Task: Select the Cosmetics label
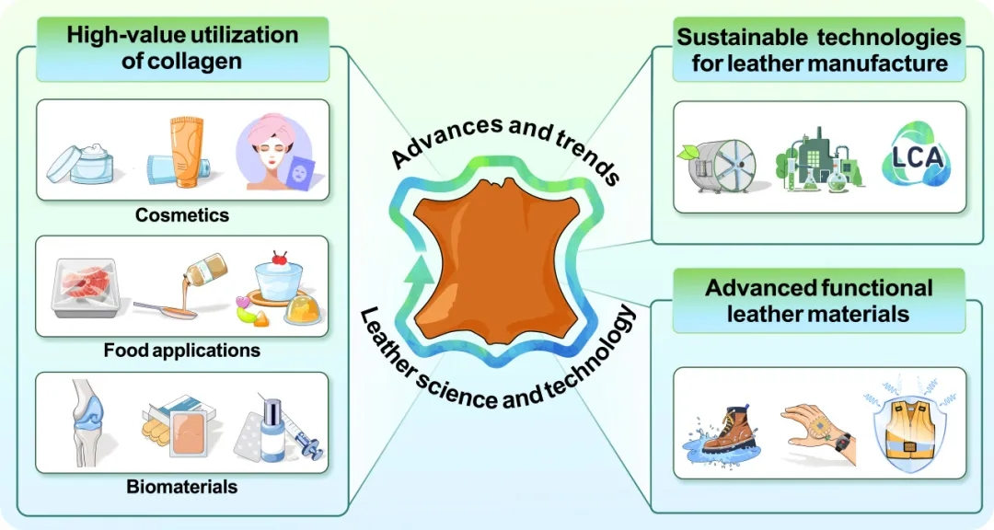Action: [182, 215]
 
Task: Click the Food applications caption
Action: [182, 351]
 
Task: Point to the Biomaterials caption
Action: [182, 487]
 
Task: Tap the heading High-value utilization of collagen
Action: [182, 49]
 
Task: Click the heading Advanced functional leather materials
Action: [819, 300]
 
